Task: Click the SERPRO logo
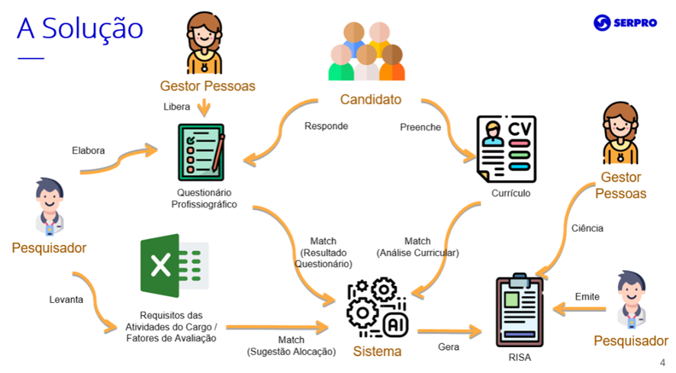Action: (x=626, y=23)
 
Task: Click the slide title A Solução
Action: (x=80, y=28)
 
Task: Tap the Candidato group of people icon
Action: (x=367, y=51)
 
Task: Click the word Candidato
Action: (x=370, y=100)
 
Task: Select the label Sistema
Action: (x=377, y=352)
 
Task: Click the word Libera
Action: (x=177, y=107)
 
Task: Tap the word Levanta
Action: (x=66, y=300)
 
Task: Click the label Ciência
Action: (x=587, y=228)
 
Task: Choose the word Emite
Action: (x=587, y=297)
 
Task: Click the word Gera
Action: (x=449, y=347)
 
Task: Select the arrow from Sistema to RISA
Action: (x=449, y=331)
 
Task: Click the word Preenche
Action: (x=420, y=127)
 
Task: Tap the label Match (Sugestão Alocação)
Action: (x=291, y=346)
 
